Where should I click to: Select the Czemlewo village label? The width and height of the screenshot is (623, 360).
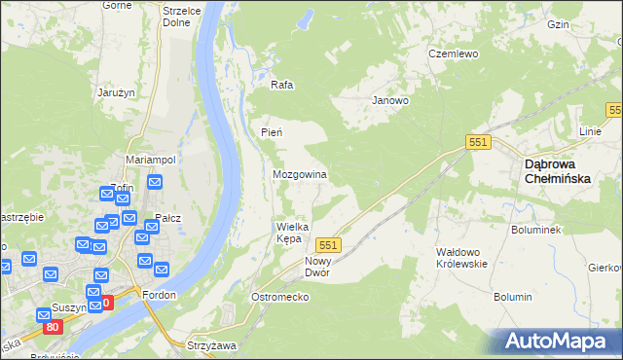coord(454,54)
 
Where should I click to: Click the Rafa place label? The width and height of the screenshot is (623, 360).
coord(282,85)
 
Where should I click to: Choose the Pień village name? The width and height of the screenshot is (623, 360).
coord(271,132)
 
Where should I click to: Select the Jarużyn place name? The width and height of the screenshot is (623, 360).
coord(115,92)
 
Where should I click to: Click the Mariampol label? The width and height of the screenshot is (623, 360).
coord(150,159)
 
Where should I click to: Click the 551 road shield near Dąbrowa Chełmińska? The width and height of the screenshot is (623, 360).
coord(477,142)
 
